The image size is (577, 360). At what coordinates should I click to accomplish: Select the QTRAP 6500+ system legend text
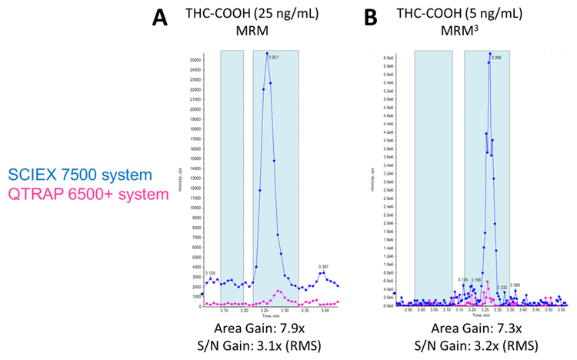[x=85, y=194]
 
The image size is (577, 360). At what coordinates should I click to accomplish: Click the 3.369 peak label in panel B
[x=516, y=285]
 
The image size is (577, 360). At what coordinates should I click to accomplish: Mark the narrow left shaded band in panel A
[x=232, y=177]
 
